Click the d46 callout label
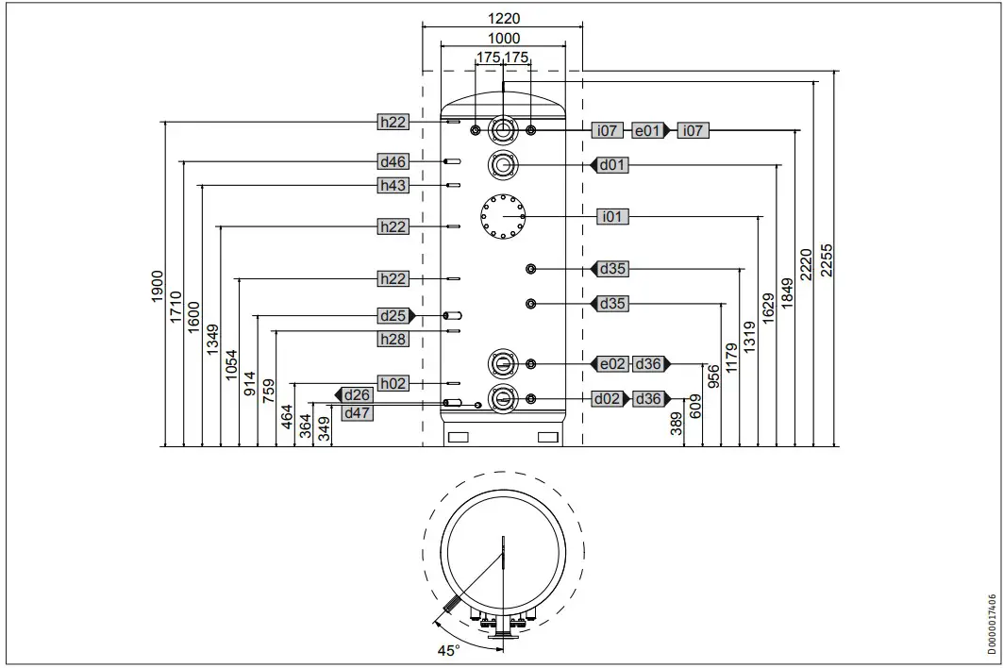393,162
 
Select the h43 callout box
393,186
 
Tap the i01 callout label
612,217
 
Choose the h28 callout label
393,339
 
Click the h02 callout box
393,383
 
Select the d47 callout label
357,413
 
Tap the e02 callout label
612,364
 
